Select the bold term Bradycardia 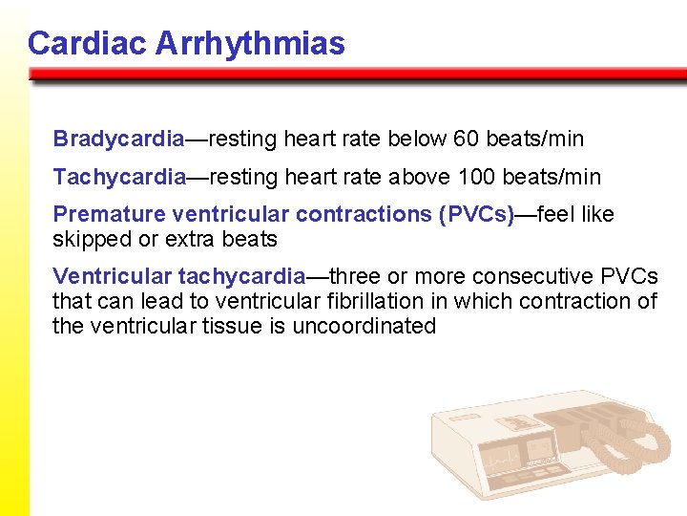pyautogui.click(x=118, y=139)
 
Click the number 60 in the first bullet pyautogui.click(x=466, y=139)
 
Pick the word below pyautogui.click(x=418, y=139)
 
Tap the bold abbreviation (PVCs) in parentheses pyautogui.click(x=475, y=214)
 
